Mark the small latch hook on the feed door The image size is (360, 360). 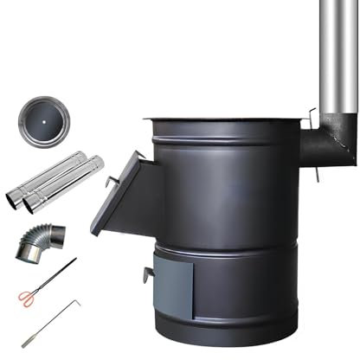[112, 181]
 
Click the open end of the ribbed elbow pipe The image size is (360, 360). [26, 250]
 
